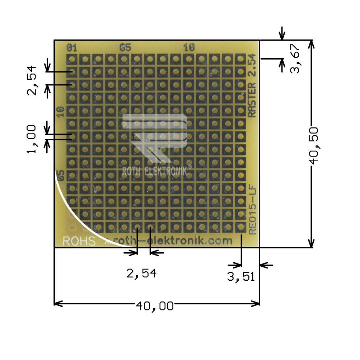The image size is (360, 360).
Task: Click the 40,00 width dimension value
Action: click(x=155, y=306)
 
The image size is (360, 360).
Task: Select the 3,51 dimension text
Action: click(x=241, y=277)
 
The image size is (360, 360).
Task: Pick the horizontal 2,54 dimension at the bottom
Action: click(x=141, y=274)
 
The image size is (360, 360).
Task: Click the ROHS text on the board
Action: click(x=79, y=241)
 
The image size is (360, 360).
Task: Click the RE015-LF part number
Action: click(x=252, y=208)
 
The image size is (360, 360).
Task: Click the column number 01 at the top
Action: click(x=72, y=47)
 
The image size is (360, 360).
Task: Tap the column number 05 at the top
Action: click(x=125, y=47)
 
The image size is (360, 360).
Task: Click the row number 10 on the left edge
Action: click(x=60, y=112)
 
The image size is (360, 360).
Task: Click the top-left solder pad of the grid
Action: click(x=72, y=59)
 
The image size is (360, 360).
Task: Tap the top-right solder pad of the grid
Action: click(x=240, y=59)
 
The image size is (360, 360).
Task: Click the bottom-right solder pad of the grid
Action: click(x=240, y=227)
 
